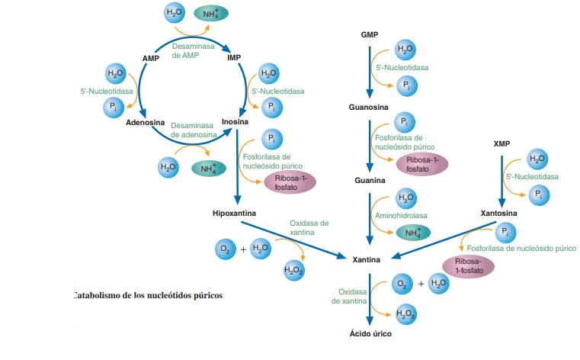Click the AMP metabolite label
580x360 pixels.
tap(149, 57)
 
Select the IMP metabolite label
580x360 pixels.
tap(234, 57)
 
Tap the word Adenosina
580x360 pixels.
tap(145, 122)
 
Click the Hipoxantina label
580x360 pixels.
tap(233, 213)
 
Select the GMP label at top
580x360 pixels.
tap(370, 35)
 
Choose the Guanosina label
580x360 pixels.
tap(370, 108)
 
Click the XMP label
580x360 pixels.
tap(501, 143)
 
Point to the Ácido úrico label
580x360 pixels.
tap(370, 333)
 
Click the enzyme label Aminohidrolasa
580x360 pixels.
tap(399, 216)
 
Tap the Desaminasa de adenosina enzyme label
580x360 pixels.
tap(194, 129)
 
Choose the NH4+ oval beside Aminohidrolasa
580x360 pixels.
tap(412, 233)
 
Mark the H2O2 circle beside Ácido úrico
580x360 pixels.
tap(406, 312)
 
